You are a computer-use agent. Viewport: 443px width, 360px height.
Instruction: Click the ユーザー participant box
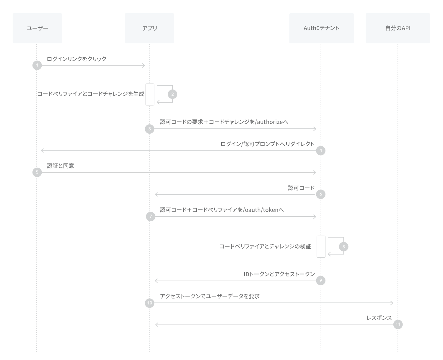coord(37,28)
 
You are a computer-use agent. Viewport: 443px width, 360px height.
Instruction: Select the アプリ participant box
coord(149,28)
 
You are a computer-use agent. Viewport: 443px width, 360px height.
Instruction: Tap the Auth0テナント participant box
coord(321,28)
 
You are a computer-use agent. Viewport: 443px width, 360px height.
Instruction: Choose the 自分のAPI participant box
coord(398,28)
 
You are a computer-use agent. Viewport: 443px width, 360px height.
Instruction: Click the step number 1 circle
coord(37,65)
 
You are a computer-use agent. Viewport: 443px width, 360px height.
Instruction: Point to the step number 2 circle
coord(172,94)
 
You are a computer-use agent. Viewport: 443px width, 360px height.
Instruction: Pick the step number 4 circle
coord(321,150)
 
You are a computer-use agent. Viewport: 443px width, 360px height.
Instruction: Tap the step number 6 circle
coord(321,194)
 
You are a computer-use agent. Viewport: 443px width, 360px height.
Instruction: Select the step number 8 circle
coord(343,247)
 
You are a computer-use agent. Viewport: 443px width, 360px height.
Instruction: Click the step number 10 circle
coord(150,303)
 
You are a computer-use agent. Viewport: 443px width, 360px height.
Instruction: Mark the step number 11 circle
coord(398,324)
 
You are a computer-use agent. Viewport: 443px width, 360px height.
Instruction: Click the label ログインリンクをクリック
coord(76,59)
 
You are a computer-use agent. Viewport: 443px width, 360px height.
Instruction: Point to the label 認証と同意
coord(61,166)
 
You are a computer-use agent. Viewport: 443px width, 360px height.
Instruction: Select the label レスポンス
coord(379,318)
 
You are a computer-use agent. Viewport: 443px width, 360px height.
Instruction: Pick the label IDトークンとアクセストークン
coord(279,274)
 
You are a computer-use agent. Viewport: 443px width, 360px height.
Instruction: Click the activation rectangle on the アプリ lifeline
coord(150,94)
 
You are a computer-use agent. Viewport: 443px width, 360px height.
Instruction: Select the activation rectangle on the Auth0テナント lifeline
coord(321,247)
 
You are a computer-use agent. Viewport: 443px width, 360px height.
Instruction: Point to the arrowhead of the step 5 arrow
coord(315,172)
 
